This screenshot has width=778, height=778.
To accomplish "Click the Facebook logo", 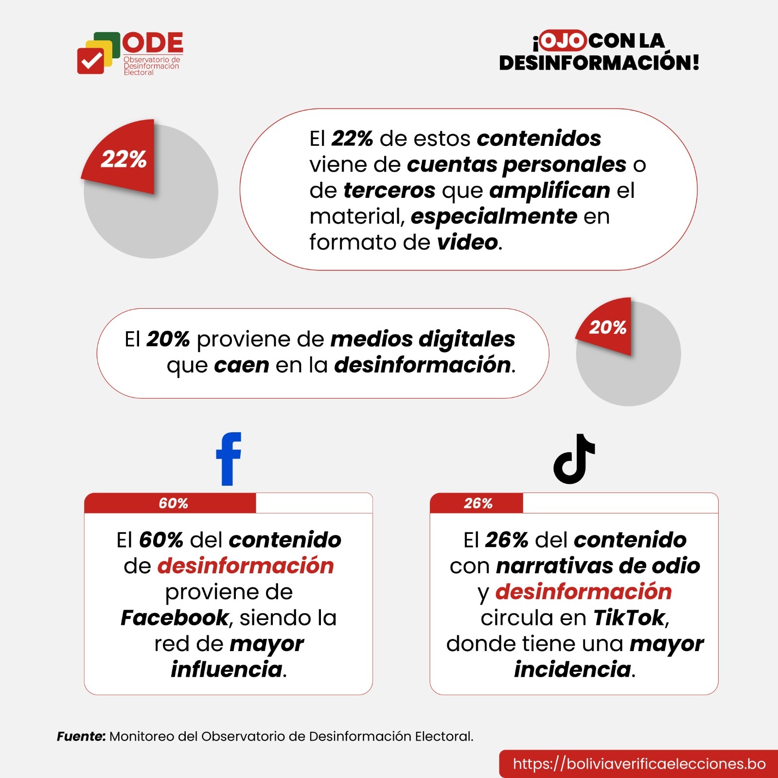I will click(x=229, y=459).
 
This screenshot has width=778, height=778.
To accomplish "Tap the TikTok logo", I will click(x=574, y=460).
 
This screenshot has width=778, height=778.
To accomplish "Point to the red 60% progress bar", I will click(x=170, y=503).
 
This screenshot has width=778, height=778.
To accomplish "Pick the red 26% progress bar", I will click(x=477, y=503).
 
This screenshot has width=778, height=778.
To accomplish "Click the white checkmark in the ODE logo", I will click(x=91, y=61).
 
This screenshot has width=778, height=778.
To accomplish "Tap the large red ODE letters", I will click(x=153, y=43).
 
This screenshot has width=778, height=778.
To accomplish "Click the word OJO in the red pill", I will click(x=563, y=41).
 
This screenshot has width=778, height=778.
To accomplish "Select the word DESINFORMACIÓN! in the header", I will click(x=599, y=63).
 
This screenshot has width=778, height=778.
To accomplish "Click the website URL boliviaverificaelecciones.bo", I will click(x=639, y=763).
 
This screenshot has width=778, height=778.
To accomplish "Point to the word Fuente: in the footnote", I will click(x=81, y=736).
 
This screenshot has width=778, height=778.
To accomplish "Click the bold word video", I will click(x=467, y=242).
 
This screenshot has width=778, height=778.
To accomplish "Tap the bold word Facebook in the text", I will click(x=175, y=618).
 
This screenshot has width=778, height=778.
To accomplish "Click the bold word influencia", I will click(x=227, y=670).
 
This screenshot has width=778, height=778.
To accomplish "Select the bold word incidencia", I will click(x=573, y=670).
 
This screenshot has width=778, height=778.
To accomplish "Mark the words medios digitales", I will click(x=423, y=339).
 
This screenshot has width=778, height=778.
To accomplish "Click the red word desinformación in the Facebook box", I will click(x=246, y=566).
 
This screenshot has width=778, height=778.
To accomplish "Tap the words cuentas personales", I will click(x=516, y=164).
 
